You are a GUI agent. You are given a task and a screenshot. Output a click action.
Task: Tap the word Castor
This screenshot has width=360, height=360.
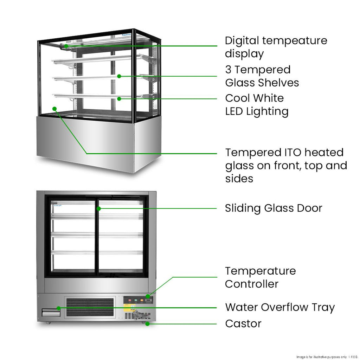coord(243,323)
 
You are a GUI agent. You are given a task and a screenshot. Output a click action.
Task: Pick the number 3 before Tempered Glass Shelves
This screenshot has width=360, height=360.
coord(229,70)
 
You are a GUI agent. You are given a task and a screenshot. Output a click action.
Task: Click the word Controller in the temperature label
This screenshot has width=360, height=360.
coord(251,284)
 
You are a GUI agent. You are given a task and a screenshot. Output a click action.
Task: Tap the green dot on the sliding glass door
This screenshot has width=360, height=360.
coord(99,208)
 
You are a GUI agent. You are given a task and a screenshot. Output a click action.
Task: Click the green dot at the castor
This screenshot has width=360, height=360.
coord(147,324)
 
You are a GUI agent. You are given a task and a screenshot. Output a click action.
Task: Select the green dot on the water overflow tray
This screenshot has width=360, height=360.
coord(59,308)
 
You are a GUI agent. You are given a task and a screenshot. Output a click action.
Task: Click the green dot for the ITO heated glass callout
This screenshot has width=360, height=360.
coord(54,109)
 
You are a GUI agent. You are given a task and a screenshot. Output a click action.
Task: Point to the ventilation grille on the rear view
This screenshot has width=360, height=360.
coord(90,307)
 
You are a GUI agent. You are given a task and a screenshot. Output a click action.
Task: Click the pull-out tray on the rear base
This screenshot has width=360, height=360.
coord(49,312)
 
